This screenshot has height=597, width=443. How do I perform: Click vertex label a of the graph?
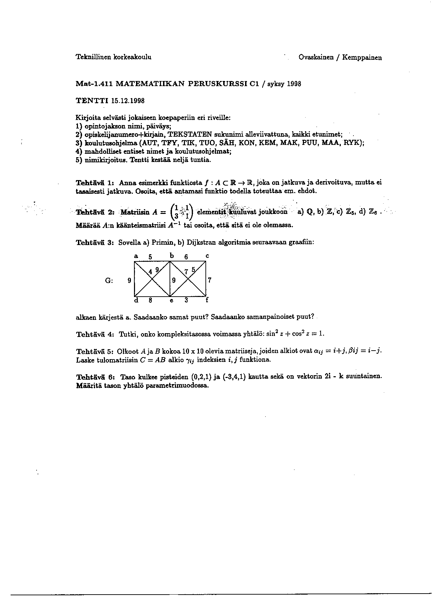pos(136,256)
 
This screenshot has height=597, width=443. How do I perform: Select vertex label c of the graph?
pos(207,256)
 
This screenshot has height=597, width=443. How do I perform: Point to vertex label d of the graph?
pos(136,300)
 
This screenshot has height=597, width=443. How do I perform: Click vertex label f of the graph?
pos(207,300)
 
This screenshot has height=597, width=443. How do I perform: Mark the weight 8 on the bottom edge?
pos(150,300)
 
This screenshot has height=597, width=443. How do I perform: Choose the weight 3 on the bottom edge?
pos(186,300)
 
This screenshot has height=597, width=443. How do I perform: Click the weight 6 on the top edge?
pos(186,257)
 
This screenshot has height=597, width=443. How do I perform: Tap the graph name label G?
pos(109,281)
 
